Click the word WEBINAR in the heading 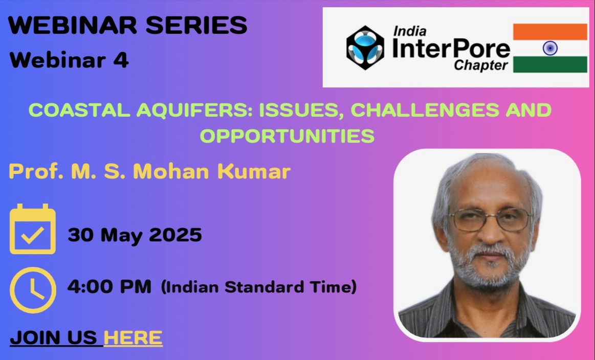point(73,26)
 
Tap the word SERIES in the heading point(196,26)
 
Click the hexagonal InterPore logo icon point(365,48)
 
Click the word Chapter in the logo point(481,65)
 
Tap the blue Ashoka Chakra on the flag point(550,48)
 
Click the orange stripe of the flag point(550,32)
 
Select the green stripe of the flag point(550,64)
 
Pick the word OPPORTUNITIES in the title point(287,136)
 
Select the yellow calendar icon point(33,229)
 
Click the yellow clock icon point(33,290)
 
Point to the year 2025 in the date point(175,235)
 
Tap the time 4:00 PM point(109,286)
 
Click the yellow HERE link point(133,337)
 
